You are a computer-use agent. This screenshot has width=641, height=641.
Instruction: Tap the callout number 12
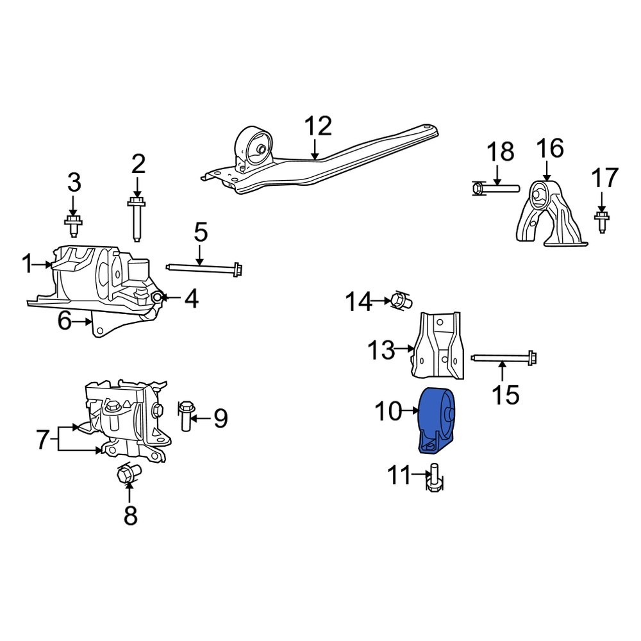[318, 126]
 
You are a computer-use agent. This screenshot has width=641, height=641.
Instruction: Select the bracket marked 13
[438, 347]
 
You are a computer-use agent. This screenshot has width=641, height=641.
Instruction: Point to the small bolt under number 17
[601, 222]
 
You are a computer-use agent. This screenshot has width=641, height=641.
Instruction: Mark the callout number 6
[64, 320]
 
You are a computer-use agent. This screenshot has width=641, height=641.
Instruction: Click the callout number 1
[27, 263]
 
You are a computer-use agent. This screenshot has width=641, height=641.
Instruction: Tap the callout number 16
[549, 148]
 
